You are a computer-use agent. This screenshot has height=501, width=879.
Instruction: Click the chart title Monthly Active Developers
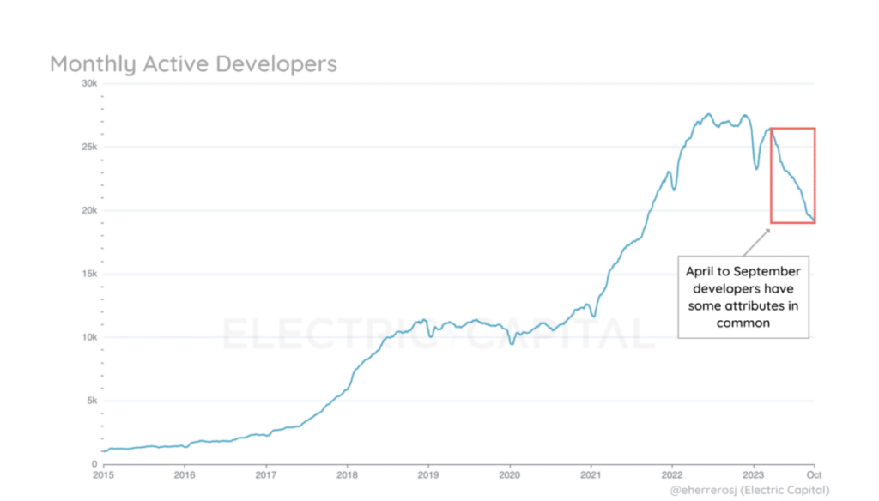click(193, 63)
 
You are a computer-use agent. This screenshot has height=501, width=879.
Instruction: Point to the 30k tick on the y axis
click(89, 83)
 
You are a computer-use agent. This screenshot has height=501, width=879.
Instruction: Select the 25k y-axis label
click(89, 148)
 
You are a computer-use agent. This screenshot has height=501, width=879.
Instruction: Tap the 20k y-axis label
click(89, 211)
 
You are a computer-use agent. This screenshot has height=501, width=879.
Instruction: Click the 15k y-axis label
click(89, 275)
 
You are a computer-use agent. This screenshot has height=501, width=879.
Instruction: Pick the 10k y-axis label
click(89, 337)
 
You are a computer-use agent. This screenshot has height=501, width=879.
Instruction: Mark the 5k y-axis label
click(91, 401)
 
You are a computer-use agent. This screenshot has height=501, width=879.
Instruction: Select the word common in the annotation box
click(743, 323)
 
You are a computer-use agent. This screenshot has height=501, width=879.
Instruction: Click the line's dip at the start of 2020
click(512, 343)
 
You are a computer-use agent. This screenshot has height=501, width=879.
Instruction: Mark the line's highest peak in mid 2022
click(708, 114)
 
